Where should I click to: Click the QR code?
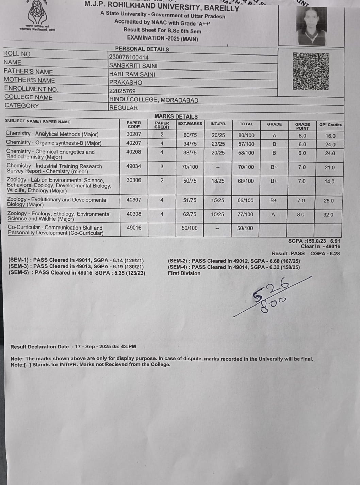pos(311,71)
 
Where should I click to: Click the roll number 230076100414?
pos(129,57)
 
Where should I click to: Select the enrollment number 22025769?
pos(122,91)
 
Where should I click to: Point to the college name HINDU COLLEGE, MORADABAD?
pos(153,100)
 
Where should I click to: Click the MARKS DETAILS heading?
pos(176,116)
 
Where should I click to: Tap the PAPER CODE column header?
pos(134,124)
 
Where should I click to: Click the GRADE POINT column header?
pos(302,126)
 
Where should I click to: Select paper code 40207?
pos(133,143)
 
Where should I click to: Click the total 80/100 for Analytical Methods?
pos(246,135)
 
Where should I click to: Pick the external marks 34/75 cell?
pos(190,144)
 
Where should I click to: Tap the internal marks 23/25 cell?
pos(218,144)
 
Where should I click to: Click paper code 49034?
pos(134,166)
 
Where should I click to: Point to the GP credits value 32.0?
pos(328,215)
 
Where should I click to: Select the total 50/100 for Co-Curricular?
pos(245,228)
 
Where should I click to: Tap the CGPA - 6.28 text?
pos(325,253)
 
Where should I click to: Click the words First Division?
pos(184,273)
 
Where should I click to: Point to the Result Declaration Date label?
pos(39,347)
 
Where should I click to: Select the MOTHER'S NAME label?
pos(30,80)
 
